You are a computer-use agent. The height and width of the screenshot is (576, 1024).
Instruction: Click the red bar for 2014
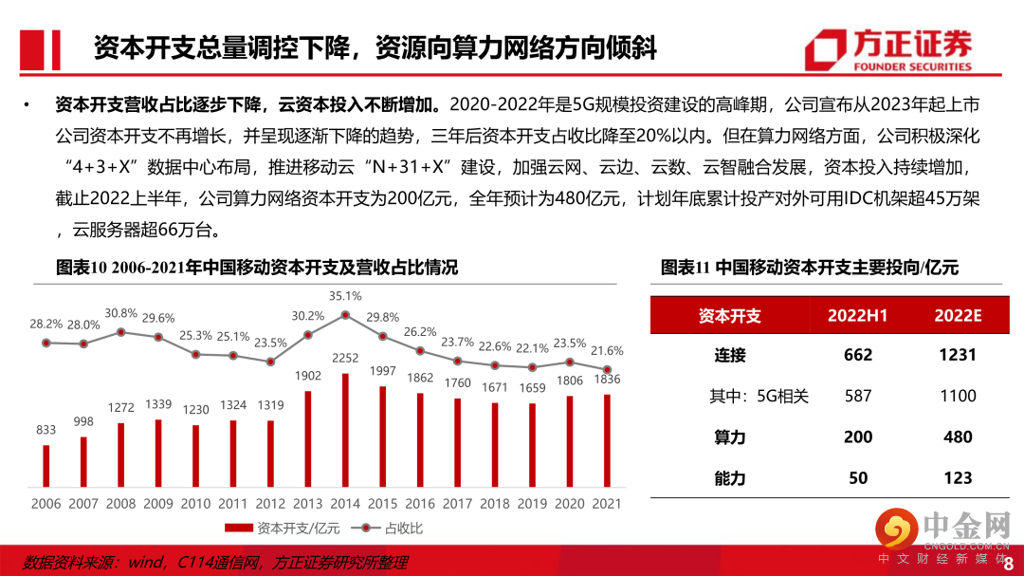345,429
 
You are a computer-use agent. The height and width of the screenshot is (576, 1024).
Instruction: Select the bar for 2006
46,465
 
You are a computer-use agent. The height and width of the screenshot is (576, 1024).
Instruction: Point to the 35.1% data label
345,295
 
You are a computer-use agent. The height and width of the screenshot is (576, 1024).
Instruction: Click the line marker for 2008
120,332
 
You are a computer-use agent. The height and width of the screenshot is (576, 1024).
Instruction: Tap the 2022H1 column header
857,316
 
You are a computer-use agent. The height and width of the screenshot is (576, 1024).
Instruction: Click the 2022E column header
958,316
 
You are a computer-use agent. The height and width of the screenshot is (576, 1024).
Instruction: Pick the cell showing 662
857,355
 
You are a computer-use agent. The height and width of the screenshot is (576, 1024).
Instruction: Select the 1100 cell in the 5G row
958,396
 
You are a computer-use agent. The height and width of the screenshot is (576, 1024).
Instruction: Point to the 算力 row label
730,437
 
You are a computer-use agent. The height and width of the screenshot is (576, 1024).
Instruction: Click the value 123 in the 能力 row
958,477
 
